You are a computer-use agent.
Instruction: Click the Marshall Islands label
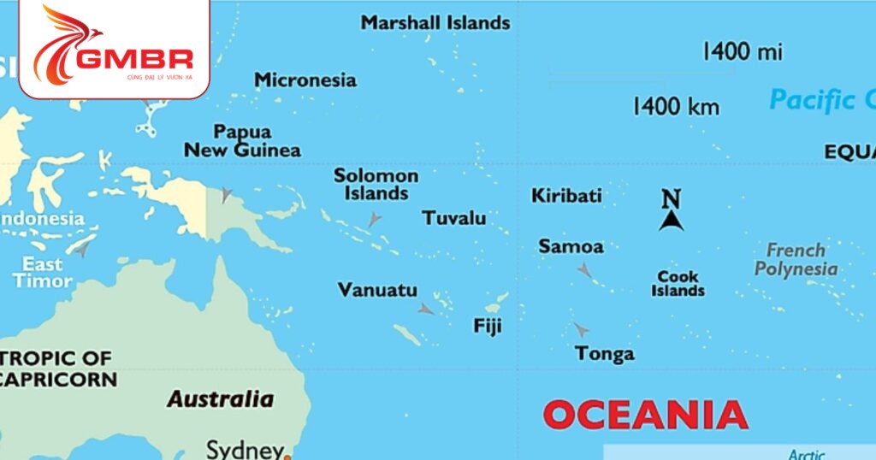(x=435, y=23)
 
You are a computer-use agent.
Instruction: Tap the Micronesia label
(x=305, y=80)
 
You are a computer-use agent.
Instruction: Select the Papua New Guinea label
(x=243, y=142)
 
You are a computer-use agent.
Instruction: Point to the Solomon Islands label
(x=376, y=185)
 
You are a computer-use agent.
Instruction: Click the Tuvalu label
(x=454, y=218)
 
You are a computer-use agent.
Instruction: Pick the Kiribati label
(x=566, y=196)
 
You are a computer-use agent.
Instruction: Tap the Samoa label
(x=571, y=247)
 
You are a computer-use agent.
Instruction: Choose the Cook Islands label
(x=678, y=283)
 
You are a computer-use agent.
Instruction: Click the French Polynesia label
(x=796, y=259)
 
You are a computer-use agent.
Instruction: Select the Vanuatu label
(x=377, y=291)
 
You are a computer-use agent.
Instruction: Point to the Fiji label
(x=488, y=326)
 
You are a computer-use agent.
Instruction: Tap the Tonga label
(x=605, y=353)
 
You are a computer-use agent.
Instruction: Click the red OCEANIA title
(x=645, y=416)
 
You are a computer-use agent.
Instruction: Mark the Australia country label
(x=220, y=398)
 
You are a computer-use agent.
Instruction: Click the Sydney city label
(x=245, y=449)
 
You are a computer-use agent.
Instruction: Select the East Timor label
(x=42, y=272)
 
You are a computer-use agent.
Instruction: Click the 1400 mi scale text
(x=742, y=51)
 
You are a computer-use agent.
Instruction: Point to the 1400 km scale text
(x=676, y=107)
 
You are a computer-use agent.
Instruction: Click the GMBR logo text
(x=133, y=59)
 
